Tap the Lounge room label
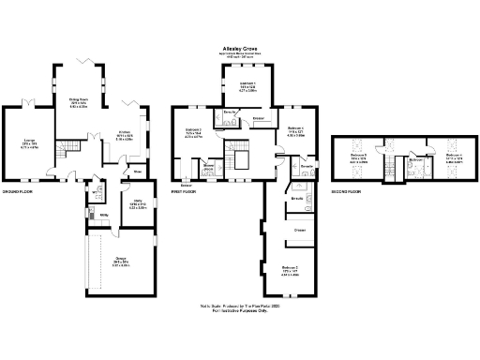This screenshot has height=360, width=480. tap(30, 142)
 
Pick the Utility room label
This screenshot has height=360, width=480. tap(104, 216)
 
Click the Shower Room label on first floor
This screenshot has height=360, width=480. tap(210, 167)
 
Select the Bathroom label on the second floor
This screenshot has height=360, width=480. tap(416, 160)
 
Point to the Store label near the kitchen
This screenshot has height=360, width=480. tap(137, 172)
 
